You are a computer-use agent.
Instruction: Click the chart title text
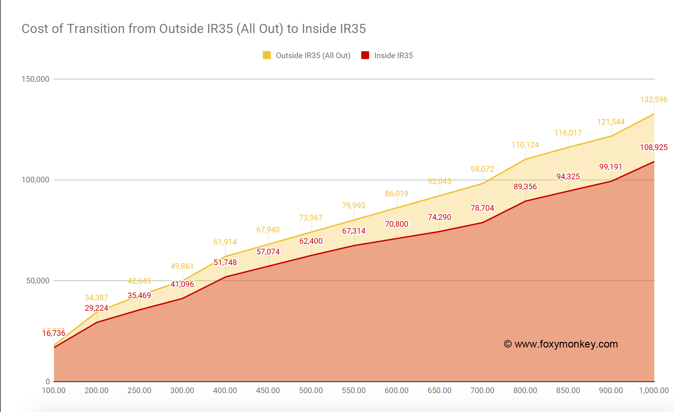(193, 29)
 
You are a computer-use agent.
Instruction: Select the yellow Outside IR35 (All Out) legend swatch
(266, 55)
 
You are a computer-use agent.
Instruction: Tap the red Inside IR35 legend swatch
(365, 55)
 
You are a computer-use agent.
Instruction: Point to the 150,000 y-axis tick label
(35, 79)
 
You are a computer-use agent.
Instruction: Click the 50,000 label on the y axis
(38, 281)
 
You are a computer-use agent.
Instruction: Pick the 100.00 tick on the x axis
(54, 390)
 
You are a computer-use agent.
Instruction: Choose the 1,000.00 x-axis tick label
(654, 390)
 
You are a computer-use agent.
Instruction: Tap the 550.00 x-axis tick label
(354, 390)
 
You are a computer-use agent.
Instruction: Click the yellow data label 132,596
(654, 100)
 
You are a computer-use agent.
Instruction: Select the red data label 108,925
(654, 147)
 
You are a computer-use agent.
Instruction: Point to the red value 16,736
(54, 333)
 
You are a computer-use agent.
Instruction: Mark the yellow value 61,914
(225, 242)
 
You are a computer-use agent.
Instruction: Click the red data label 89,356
(525, 187)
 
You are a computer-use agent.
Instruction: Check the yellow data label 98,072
(482, 169)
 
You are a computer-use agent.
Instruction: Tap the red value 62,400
(311, 241)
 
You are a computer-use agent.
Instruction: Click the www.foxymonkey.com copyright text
(561, 344)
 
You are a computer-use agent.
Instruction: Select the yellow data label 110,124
(525, 145)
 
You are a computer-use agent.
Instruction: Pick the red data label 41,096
(182, 284)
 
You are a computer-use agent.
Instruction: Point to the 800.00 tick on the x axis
(525, 390)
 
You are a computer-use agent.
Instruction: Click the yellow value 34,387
(96, 298)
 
